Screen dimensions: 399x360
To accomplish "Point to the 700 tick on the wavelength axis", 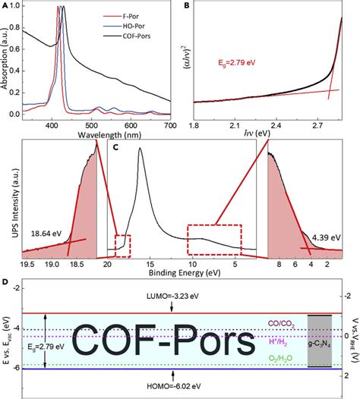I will (170, 125).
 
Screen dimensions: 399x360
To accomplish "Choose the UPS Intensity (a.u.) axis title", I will (6, 201).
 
